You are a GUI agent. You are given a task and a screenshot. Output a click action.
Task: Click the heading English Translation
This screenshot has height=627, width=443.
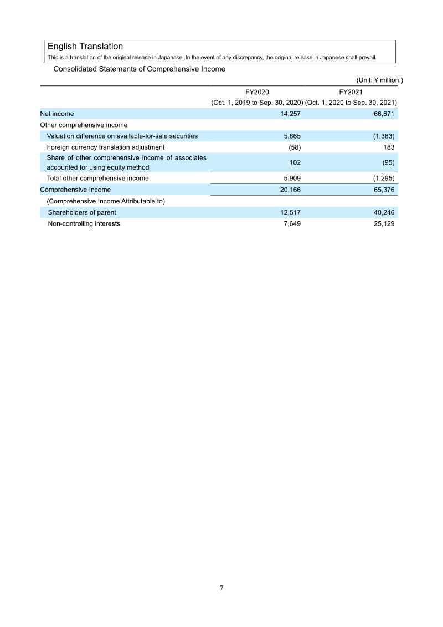[x=85, y=47]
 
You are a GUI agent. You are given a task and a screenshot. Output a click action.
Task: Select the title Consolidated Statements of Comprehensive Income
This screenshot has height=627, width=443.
[x=139, y=69]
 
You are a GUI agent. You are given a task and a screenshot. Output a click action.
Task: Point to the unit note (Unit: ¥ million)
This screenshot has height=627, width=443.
[x=379, y=80]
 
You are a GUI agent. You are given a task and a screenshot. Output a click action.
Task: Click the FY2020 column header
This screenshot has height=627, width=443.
[x=257, y=92]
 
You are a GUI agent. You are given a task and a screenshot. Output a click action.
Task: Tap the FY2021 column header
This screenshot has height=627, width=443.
[x=351, y=92]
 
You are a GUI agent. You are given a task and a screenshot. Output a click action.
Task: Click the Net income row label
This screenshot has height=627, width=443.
[x=57, y=114]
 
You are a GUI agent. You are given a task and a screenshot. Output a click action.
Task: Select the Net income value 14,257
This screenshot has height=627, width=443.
[x=291, y=114]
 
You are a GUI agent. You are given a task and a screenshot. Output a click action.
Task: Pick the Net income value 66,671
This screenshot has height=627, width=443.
[x=384, y=114]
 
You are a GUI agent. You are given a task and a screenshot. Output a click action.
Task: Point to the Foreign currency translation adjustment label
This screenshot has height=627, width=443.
[x=106, y=147]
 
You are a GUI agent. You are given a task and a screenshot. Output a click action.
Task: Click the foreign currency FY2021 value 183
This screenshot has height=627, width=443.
[x=388, y=147]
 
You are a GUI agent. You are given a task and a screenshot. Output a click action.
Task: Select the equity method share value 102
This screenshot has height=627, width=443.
[x=295, y=163]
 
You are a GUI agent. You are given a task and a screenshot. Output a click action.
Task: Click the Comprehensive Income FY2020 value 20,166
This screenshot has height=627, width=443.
[x=291, y=190]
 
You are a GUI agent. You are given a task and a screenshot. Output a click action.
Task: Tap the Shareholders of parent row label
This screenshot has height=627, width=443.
[x=82, y=212]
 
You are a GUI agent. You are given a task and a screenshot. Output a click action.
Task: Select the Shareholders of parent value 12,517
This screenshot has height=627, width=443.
[x=291, y=212]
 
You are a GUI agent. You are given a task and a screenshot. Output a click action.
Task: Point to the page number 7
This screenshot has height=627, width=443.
[x=221, y=588]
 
